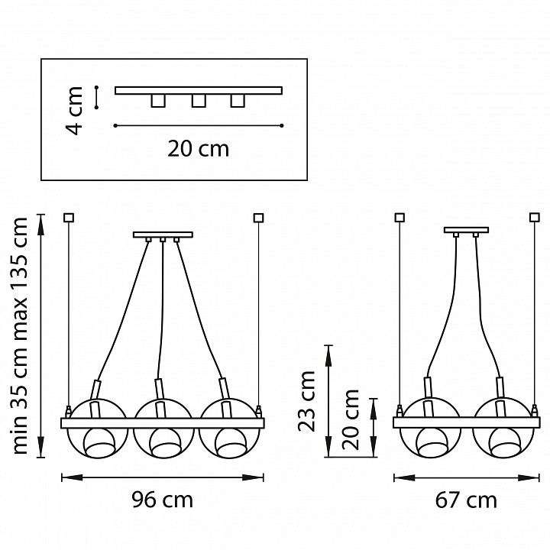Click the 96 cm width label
(163, 500)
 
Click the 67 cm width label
(466, 500)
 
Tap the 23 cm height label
(306, 400)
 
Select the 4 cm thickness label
(74, 111)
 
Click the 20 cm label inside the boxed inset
(198, 149)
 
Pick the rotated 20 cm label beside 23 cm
(351, 419)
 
